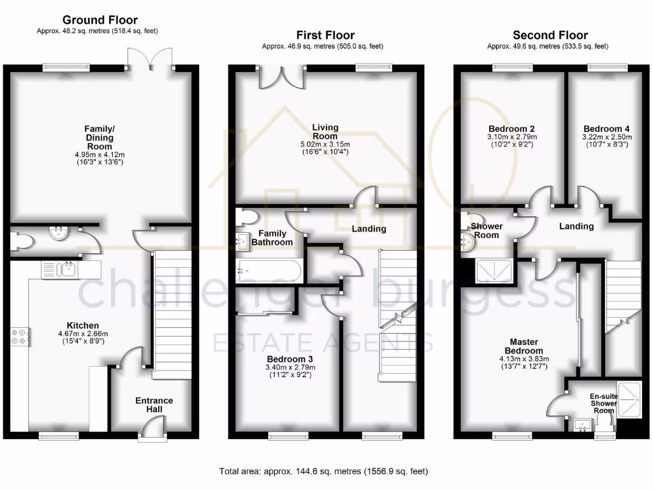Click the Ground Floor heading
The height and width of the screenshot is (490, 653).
click(99, 20)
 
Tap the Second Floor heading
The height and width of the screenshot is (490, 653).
click(550, 35)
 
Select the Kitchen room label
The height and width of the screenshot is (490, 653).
click(84, 325)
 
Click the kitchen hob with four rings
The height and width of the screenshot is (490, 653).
click(19, 336)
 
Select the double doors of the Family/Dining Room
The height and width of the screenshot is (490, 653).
click(150, 61)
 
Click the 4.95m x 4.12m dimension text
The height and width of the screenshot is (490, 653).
click(99, 154)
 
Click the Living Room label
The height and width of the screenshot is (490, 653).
click(325, 131)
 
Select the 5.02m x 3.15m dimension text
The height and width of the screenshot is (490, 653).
click(325, 145)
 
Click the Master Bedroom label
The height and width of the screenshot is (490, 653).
click(524, 346)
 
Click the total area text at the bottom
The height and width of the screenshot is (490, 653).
click(323, 471)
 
